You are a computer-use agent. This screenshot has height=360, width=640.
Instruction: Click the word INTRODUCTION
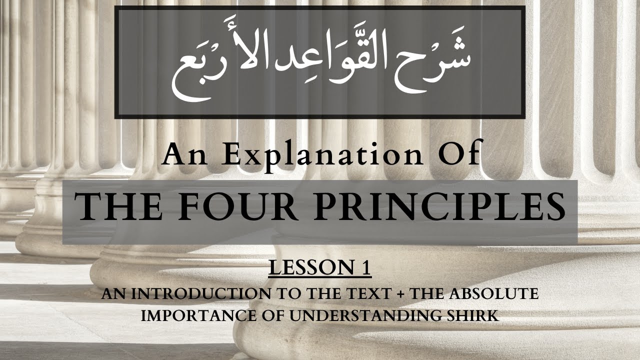199,294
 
